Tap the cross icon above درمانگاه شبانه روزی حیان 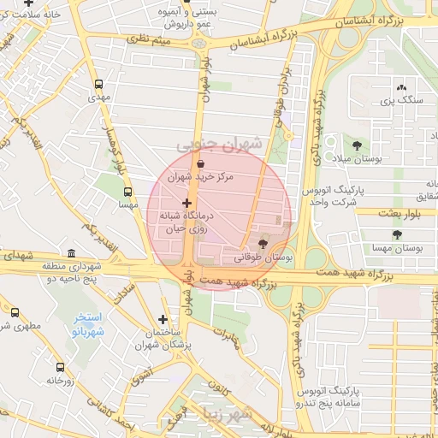[186, 203]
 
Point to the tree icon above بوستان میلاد [356, 145]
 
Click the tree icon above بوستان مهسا [396, 234]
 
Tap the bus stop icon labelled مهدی [98, 85]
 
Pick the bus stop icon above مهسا [128, 192]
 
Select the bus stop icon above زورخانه [59, 367]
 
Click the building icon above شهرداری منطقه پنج [70, 254]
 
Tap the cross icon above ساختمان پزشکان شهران [163, 319]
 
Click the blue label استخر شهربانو [86, 323]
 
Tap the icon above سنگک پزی [401, 86]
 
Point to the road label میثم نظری [149, 38]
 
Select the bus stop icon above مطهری [15, 312]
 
